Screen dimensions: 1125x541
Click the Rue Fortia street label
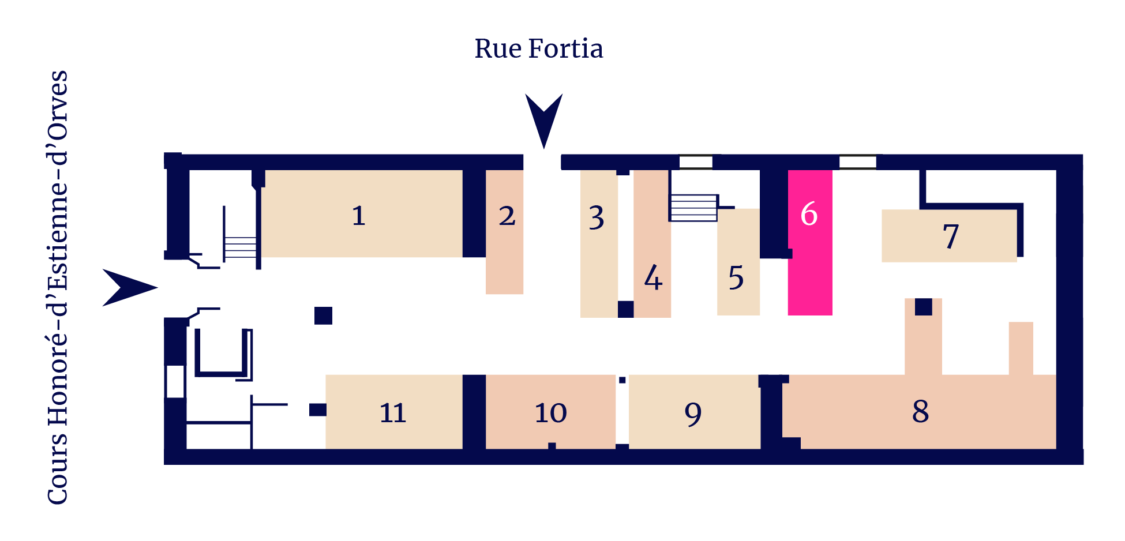click(539, 48)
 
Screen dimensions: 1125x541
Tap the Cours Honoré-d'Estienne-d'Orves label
click(58, 287)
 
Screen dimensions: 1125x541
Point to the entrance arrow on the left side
click(130, 287)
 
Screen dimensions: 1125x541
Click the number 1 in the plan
click(359, 216)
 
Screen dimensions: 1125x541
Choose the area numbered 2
click(504, 232)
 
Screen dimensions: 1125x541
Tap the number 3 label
click(597, 217)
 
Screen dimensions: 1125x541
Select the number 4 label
click(653, 277)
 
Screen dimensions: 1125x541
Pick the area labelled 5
click(738, 262)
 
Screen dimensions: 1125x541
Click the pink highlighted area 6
click(810, 242)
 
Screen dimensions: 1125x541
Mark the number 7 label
click(951, 236)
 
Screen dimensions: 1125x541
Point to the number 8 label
click(921, 411)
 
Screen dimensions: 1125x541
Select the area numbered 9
click(695, 412)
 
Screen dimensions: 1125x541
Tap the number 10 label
click(551, 413)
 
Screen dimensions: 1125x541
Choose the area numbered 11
click(394, 412)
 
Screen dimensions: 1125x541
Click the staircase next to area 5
click(693, 208)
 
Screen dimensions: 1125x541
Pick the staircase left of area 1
click(240, 247)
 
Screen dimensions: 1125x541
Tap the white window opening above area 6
click(857, 162)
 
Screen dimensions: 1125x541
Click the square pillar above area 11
click(323, 315)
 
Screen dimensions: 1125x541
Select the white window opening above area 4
click(696, 162)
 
